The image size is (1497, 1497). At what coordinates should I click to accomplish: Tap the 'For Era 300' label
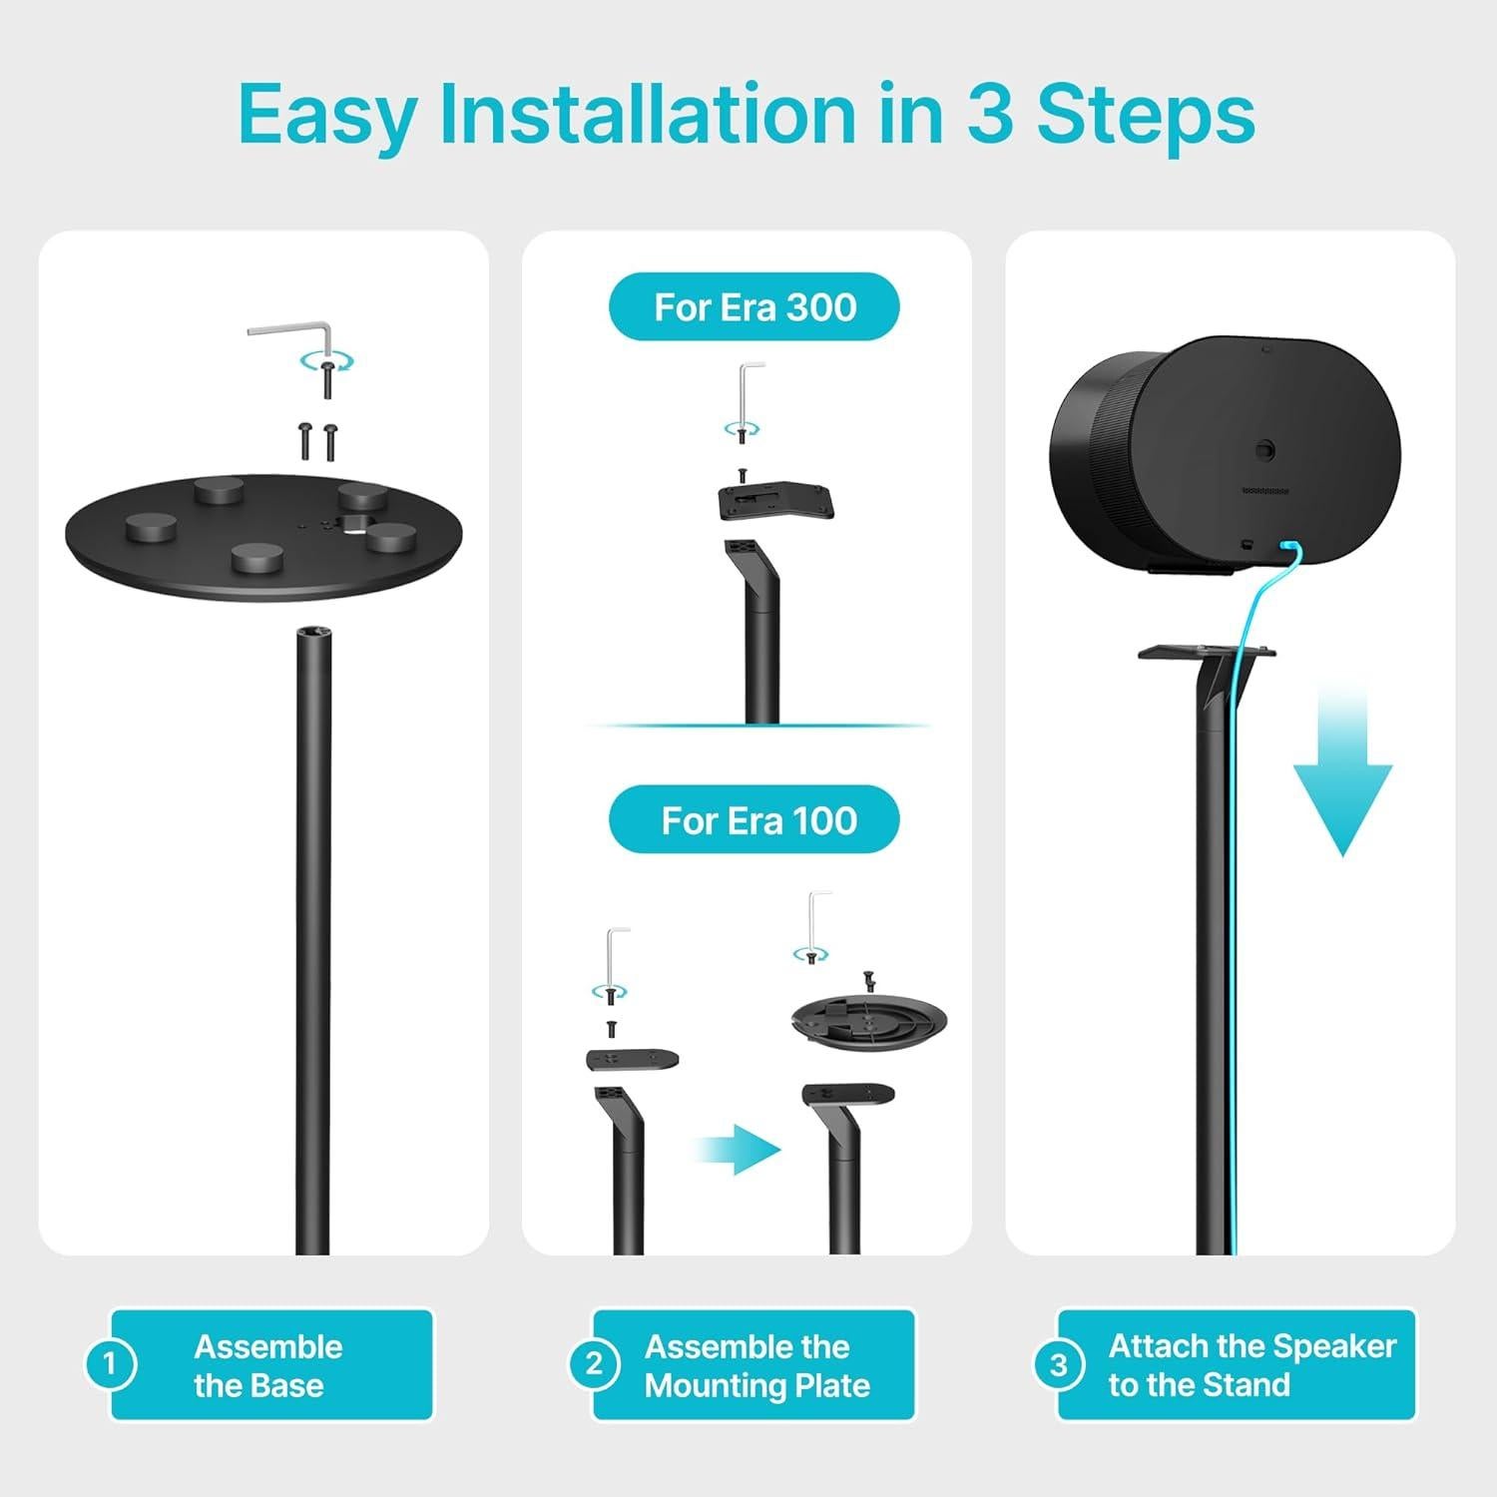[754, 306]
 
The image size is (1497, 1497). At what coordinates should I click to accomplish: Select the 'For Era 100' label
[757, 820]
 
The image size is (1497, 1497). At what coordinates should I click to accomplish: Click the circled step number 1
[109, 1363]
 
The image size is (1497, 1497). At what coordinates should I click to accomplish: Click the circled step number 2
[593, 1363]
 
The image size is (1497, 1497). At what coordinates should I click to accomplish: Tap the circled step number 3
[1058, 1363]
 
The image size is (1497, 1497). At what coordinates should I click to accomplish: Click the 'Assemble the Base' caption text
[267, 1365]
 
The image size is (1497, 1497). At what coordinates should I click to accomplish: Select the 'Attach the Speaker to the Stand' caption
[1251, 1365]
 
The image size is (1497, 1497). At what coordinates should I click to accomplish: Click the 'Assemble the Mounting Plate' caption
[756, 1365]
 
